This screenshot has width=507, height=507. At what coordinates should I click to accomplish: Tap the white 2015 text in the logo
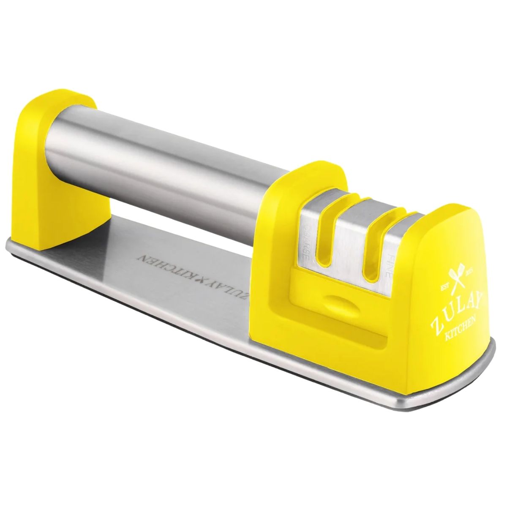[469, 275]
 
